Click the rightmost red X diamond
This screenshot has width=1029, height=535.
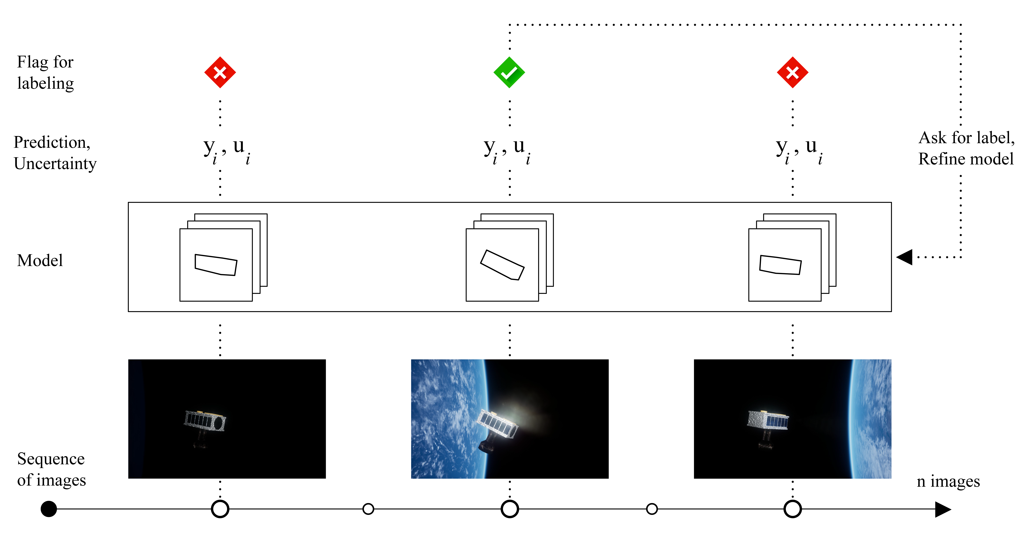[793, 72]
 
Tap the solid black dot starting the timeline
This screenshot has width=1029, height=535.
[49, 509]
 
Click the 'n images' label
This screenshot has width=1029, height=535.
[948, 481]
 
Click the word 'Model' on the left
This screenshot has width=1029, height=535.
[40, 261]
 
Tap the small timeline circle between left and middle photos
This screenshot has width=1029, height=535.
[368, 509]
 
